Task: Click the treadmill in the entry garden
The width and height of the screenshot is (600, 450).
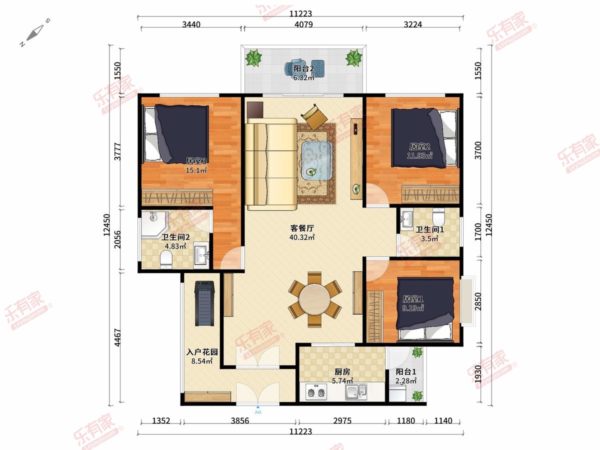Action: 204,303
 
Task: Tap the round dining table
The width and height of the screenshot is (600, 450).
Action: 314,299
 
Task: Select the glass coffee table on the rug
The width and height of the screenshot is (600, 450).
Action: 317,160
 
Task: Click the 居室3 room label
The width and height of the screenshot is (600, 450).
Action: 196,161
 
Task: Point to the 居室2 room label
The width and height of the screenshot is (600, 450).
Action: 419,146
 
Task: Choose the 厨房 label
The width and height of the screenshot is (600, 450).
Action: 342,371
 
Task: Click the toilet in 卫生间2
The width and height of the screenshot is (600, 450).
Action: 166,260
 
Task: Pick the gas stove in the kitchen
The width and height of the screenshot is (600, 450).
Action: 315,392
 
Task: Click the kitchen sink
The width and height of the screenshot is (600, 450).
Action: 356,392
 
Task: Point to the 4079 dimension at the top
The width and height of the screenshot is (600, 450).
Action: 303,24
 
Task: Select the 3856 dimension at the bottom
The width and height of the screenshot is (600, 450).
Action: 239,420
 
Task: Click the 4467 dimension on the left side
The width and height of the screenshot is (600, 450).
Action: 117,337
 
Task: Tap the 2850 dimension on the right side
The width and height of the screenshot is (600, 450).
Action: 478,301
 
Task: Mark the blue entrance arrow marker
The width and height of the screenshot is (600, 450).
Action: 258,407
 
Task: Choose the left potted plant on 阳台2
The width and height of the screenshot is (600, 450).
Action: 253,57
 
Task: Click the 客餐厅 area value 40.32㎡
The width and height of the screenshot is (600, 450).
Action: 302,237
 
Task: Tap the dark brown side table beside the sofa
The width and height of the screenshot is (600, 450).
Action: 255,110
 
